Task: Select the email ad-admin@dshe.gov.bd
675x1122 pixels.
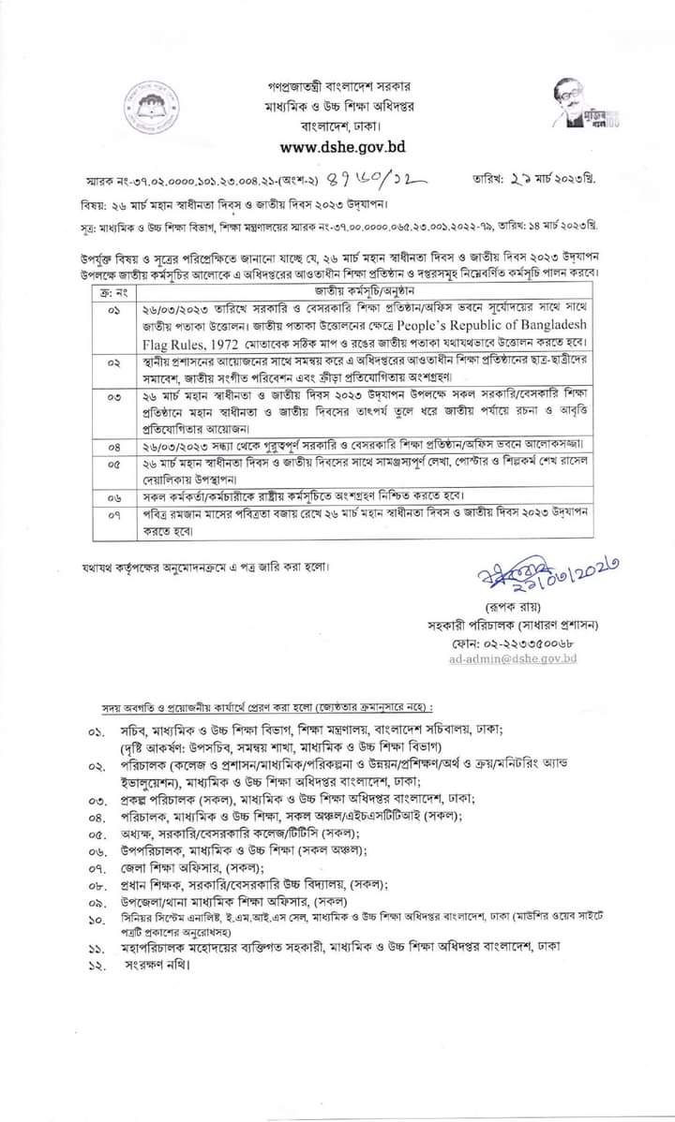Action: coord(513,658)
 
